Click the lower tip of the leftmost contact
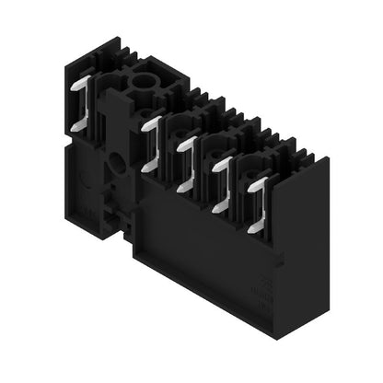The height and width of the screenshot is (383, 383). click(x=74, y=125)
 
